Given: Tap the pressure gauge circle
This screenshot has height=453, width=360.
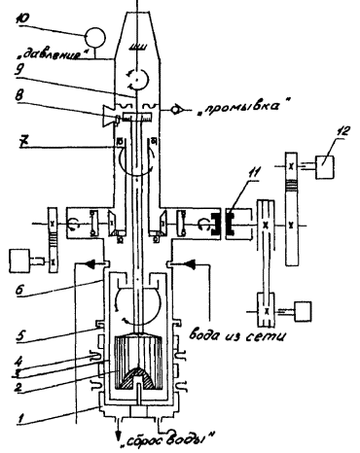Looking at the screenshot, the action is [x=95, y=37].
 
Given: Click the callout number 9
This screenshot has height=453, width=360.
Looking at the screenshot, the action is [x=20, y=69].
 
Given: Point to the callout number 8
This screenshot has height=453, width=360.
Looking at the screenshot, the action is [x=21, y=97].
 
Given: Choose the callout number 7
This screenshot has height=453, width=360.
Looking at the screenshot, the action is [x=21, y=143].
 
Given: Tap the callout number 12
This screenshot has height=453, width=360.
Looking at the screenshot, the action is [x=342, y=130].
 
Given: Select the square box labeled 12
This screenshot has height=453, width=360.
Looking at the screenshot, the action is [x=325, y=166].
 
